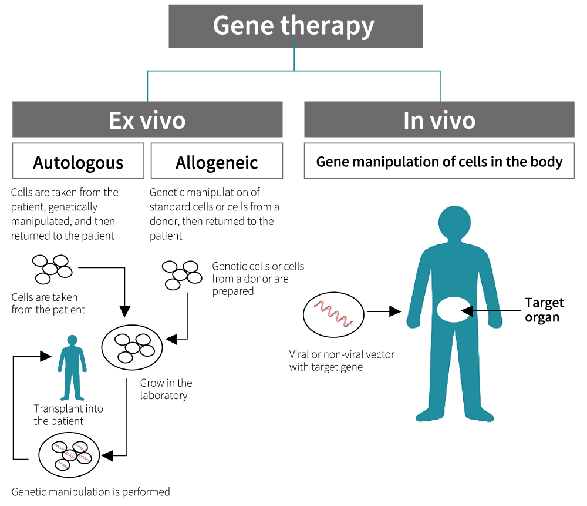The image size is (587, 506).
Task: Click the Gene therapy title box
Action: [x=295, y=26]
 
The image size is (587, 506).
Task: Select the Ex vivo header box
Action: [x=147, y=119]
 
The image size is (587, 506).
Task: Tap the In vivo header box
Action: [x=439, y=119]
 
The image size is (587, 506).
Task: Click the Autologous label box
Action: [x=78, y=161]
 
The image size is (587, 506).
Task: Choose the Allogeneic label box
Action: [x=217, y=161]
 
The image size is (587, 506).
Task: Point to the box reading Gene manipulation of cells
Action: [x=439, y=161]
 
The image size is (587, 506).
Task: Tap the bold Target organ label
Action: [x=544, y=310]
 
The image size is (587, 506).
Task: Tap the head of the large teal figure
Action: [x=455, y=223]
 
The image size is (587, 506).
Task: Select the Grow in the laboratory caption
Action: [x=166, y=389]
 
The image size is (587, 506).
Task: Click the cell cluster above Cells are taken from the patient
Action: [x=51, y=267]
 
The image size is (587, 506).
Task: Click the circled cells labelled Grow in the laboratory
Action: [x=132, y=347]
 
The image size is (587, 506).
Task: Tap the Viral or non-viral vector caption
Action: [x=341, y=361]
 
